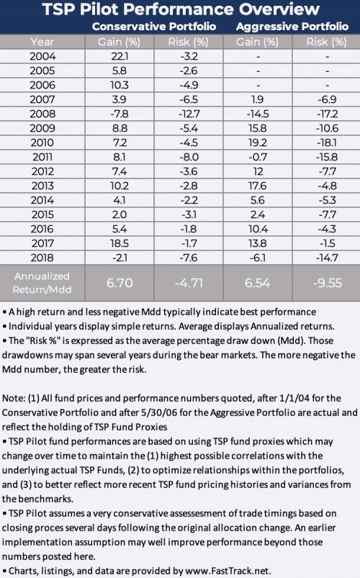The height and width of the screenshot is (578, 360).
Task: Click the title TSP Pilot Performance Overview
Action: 180,9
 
